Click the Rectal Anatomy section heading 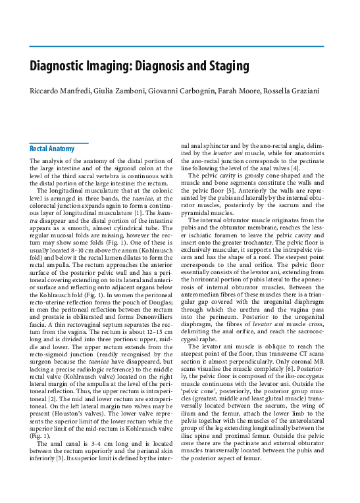pos(53,149)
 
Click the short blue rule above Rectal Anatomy pos(59,142)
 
